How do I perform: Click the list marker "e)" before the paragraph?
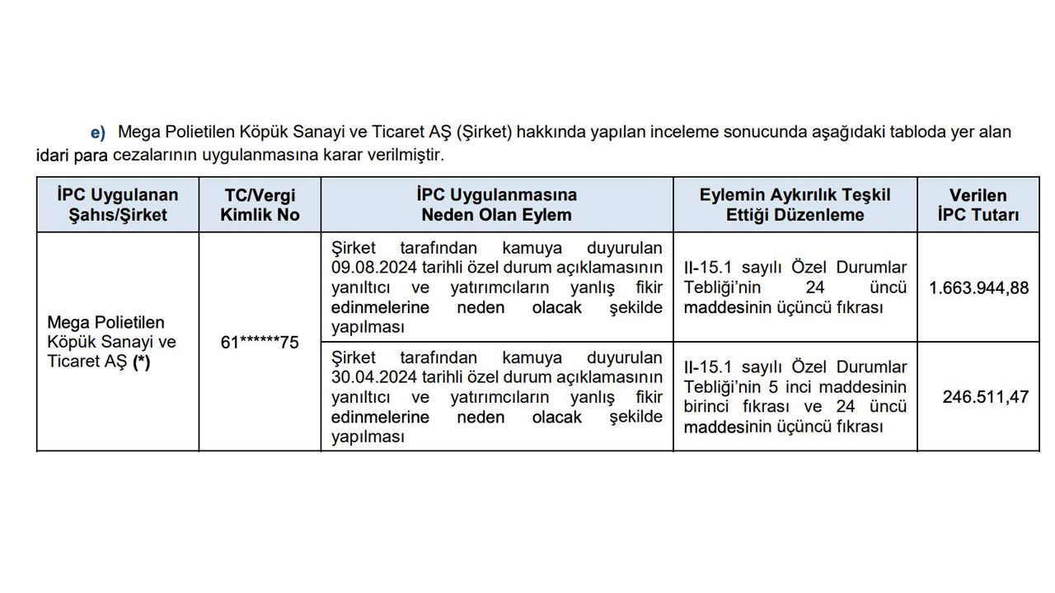[x=98, y=133]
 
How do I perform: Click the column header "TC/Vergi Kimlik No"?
[x=260, y=205]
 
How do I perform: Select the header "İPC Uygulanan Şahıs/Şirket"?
[x=118, y=205]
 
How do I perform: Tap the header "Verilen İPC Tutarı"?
[x=978, y=205]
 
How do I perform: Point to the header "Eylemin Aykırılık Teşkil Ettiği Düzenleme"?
[x=795, y=205]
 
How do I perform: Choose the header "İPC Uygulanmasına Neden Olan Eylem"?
[x=496, y=205]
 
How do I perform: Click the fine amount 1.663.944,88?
[x=978, y=288]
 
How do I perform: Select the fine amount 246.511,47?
[x=986, y=397]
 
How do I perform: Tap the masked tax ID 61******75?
[x=260, y=343]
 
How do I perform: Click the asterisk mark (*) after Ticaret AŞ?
[x=142, y=362]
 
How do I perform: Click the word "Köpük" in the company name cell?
[x=68, y=343]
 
